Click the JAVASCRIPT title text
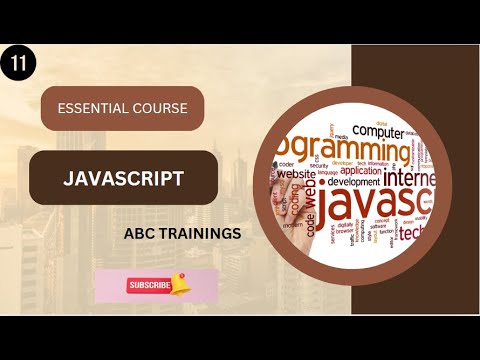point(124,178)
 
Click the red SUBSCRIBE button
point(149,285)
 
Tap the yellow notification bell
point(180,284)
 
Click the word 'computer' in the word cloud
point(378,129)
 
